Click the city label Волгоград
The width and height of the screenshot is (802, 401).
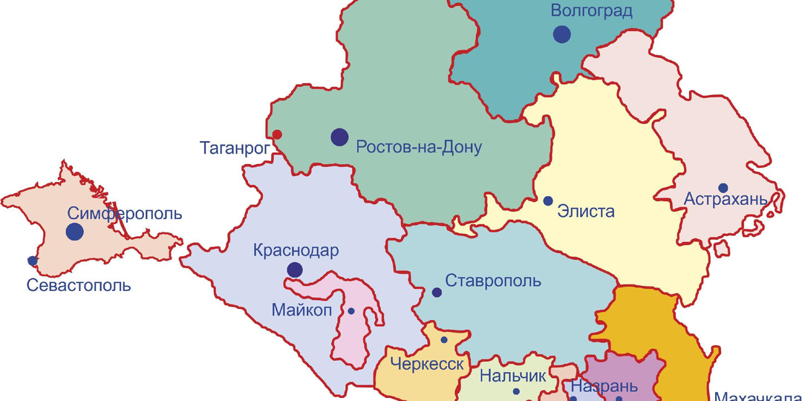tap(591, 11)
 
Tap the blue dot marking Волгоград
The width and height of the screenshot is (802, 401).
tap(561, 33)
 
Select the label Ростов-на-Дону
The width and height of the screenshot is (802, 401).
tap(419, 147)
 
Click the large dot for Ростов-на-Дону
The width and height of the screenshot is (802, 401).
tap(339, 136)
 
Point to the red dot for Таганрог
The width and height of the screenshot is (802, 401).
tap(277, 134)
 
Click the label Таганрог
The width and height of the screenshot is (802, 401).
tap(234, 148)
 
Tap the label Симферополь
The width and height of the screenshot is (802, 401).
tap(125, 214)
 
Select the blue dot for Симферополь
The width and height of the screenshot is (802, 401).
tap(74, 232)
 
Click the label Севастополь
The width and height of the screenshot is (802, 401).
tap(79, 285)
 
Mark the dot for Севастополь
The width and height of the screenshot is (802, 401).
tap(32, 261)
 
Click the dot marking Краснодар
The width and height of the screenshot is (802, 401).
tap(295, 270)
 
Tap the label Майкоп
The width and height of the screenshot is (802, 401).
tap(301, 310)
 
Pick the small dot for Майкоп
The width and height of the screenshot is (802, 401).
tap(351, 310)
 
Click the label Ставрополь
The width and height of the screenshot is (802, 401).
tap(493, 281)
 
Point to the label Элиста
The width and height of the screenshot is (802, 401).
tap(586, 212)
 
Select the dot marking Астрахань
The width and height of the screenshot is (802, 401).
tap(723, 188)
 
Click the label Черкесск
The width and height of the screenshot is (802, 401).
tap(428, 365)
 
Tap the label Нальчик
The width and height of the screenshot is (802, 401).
tap(512, 376)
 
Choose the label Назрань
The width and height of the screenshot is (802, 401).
tap(603, 387)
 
